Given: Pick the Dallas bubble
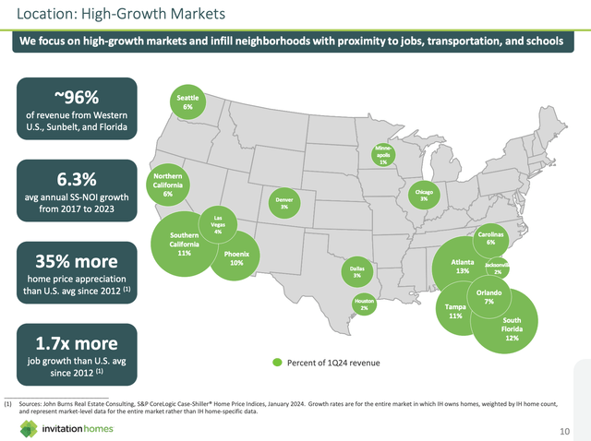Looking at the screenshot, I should click(x=356, y=270).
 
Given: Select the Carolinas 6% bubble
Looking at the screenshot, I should click(x=490, y=237).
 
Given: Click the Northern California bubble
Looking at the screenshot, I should click(x=168, y=185).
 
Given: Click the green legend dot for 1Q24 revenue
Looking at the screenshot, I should click(x=276, y=362).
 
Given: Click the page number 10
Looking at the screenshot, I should click(x=564, y=431).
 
